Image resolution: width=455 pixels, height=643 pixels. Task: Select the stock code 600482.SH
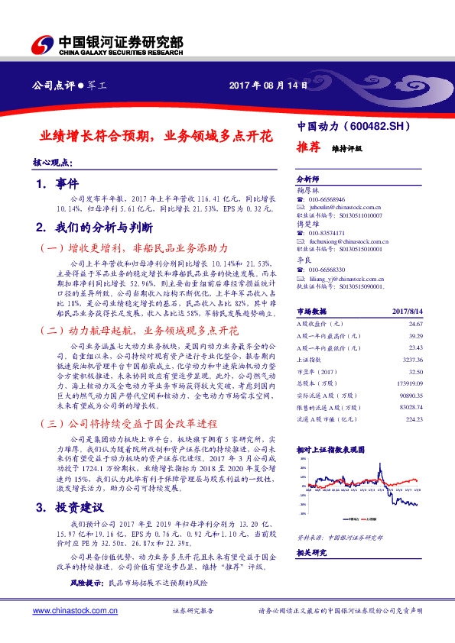pyautogui.click(x=382, y=125)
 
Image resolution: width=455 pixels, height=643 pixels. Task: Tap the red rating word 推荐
pyautogui.click(x=307, y=148)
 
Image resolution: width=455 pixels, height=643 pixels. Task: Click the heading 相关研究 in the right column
pyautogui.click(x=310, y=551)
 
